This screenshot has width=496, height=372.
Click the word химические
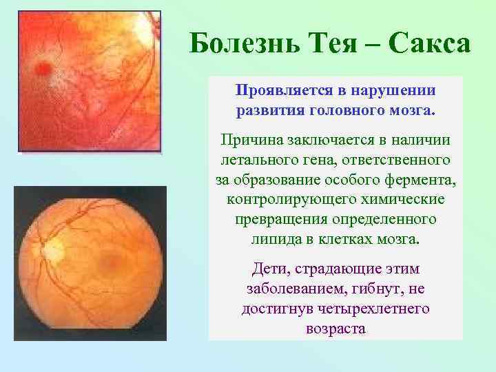tap(406, 200)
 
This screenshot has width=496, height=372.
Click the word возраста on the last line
tap(335, 329)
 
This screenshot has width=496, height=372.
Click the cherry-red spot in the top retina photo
tap(43, 68)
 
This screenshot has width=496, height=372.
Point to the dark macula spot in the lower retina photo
tap(110, 261)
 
